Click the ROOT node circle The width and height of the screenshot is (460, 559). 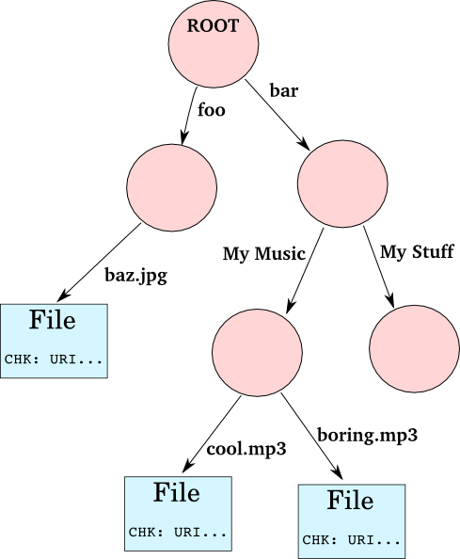(214, 43)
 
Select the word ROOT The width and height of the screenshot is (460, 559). (214, 26)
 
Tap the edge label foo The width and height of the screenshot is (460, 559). (212, 109)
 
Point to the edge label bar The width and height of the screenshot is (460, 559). (284, 90)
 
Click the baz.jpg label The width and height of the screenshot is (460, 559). (135, 276)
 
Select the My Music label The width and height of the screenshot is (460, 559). (264, 254)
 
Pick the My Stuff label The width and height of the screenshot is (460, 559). (417, 251)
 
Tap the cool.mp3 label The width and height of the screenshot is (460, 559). (246, 449)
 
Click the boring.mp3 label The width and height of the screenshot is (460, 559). (367, 436)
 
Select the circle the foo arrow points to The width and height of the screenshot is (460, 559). (172, 187)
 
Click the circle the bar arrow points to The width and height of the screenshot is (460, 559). (342, 184)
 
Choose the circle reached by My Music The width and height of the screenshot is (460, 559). (257, 352)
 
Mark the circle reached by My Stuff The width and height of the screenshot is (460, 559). (415, 348)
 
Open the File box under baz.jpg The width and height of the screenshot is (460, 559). (54, 341)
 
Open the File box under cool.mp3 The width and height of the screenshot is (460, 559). (178, 514)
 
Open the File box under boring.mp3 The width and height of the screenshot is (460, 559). (352, 521)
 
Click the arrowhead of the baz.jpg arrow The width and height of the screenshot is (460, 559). (63, 295)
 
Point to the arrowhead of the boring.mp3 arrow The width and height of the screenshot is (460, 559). (338, 473)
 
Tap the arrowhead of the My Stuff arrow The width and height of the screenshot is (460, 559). (390, 300)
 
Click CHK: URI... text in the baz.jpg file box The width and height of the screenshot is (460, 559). (54, 359)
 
